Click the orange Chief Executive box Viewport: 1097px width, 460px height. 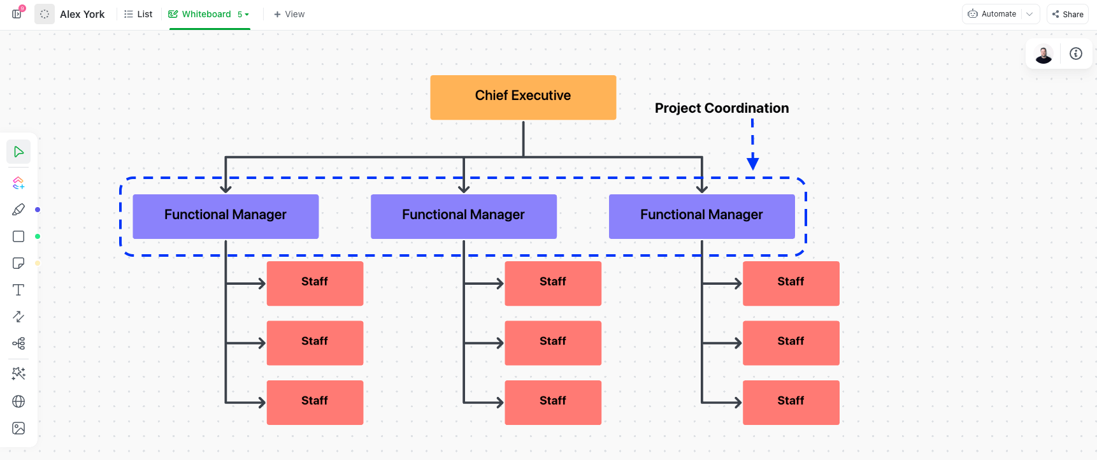point(522,97)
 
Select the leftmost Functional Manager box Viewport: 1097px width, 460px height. point(226,216)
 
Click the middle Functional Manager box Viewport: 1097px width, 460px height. point(463,216)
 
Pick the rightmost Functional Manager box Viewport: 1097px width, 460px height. point(701,216)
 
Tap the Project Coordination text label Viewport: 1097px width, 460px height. point(721,108)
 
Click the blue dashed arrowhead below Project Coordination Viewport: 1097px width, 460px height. point(752,163)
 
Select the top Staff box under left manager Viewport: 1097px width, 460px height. point(315,283)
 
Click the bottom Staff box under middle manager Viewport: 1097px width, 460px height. point(552,402)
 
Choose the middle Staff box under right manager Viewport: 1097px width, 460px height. point(791,343)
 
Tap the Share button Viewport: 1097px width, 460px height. point(1068,14)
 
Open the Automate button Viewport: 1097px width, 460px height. point(993,14)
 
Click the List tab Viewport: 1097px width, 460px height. point(138,14)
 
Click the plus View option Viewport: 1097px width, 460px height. point(289,14)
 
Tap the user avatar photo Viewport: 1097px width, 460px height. point(1043,54)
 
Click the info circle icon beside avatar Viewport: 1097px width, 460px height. point(1076,54)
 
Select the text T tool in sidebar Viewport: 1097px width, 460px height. point(18,290)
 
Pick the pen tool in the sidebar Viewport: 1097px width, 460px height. point(18,210)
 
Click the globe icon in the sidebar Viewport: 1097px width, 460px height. point(18,401)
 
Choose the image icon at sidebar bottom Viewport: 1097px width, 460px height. point(18,428)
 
